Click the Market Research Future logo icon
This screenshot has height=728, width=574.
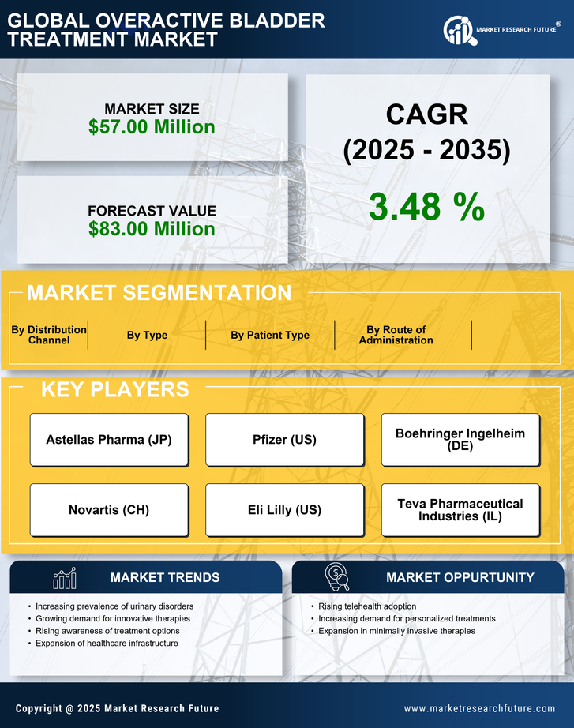[458, 30]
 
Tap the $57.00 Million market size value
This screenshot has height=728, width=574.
[152, 127]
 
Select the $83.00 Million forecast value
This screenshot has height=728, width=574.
[152, 229]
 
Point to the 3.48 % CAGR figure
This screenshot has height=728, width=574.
[426, 207]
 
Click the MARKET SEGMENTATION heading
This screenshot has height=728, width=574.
[159, 293]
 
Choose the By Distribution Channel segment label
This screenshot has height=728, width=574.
[49, 335]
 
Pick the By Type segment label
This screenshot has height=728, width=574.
[147, 335]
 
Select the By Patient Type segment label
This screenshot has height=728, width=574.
[270, 335]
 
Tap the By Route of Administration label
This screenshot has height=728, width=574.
[396, 335]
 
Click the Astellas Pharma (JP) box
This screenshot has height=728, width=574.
[109, 440]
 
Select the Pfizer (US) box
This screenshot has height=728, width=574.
[284, 440]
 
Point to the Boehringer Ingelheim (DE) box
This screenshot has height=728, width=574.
[460, 440]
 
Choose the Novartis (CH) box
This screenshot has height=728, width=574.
[109, 510]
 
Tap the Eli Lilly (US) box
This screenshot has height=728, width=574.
[284, 510]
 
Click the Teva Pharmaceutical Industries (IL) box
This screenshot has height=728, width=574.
[460, 510]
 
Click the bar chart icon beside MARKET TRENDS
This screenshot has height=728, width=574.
[64, 578]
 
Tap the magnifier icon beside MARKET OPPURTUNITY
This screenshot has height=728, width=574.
[337, 577]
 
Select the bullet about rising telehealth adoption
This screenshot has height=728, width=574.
[367, 606]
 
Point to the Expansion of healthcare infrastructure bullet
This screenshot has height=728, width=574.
[107, 644]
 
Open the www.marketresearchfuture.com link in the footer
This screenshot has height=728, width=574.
[479, 708]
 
